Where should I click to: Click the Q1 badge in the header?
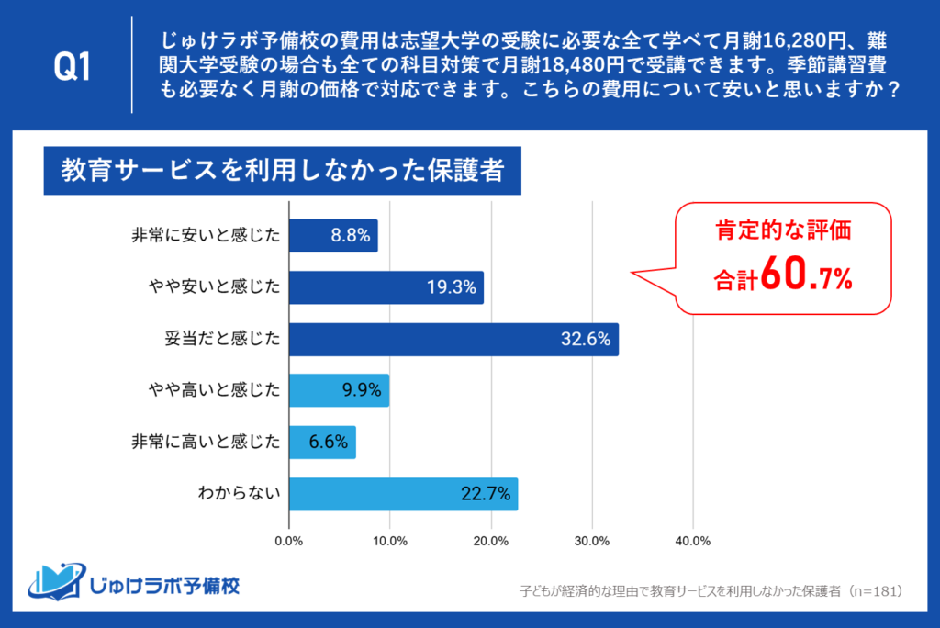[73, 65]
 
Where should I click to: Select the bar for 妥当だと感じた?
[453, 340]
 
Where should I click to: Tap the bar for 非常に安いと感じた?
[332, 236]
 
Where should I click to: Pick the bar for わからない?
[403, 494]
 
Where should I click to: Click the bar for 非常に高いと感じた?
[322, 443]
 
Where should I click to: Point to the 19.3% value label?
[452, 288]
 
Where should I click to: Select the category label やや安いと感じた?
[213, 288]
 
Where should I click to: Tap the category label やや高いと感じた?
[213, 391]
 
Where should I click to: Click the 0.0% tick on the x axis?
[289, 541]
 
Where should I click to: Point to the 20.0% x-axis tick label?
[491, 541]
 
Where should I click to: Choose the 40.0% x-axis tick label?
[693, 541]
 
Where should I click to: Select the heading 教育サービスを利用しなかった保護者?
[282, 171]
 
